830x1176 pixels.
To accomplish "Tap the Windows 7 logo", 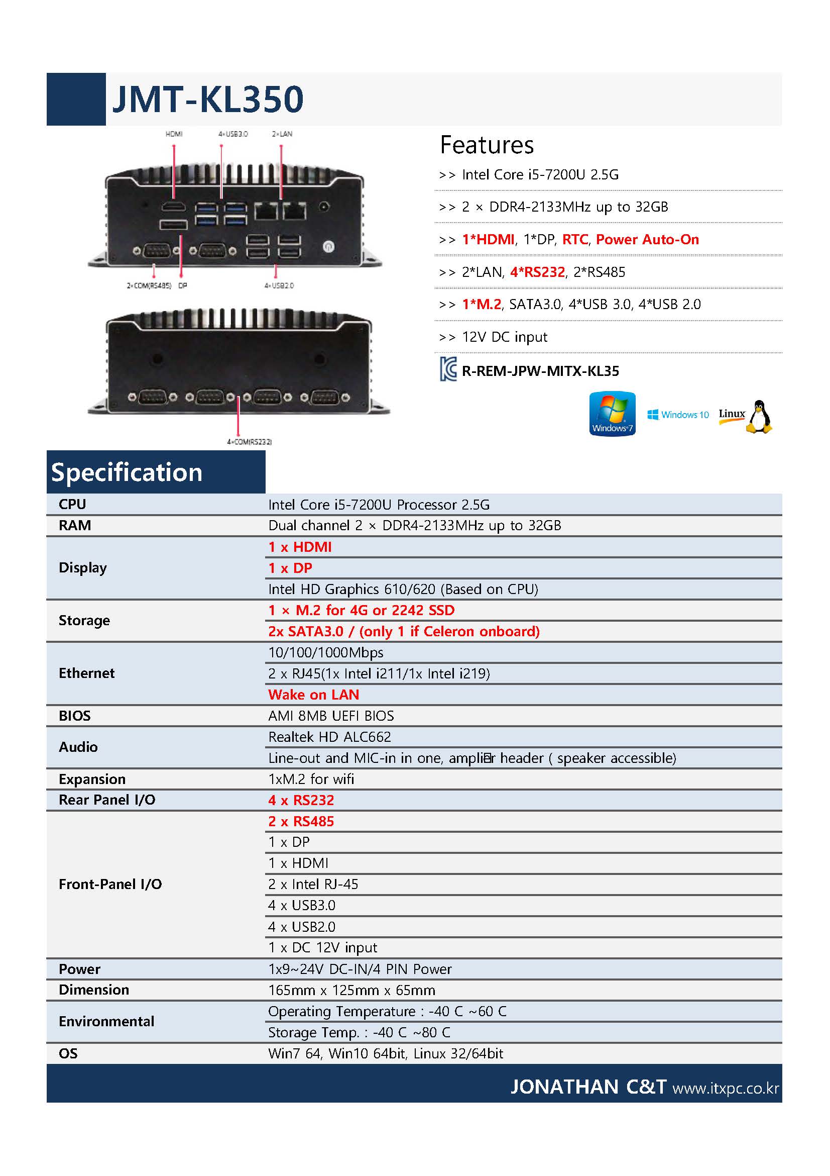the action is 612,414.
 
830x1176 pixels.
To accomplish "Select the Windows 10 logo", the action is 677,415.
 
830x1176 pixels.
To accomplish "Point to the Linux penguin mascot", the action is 759,417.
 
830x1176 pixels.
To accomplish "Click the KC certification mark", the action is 448,369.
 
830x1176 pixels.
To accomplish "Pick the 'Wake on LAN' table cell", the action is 313,695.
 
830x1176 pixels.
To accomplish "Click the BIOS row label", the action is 75,716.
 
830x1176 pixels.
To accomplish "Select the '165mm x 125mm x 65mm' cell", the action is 351,990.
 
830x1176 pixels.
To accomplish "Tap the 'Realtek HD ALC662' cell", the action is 329,737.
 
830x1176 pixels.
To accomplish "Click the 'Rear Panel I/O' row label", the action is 107,800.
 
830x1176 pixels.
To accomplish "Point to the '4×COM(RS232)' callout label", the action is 249,442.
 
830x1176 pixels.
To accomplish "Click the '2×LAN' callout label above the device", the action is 282,134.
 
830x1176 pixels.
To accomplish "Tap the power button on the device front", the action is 328,246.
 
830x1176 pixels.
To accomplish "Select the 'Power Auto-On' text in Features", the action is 647,239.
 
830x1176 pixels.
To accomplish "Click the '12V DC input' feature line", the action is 504,337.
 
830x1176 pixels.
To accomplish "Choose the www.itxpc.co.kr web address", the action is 726,1088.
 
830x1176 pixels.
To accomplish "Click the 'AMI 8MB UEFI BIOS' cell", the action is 330,716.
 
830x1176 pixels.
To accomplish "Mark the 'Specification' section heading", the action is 127,472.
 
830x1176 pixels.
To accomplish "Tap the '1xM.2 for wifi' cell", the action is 311,778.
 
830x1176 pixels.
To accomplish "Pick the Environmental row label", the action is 106,1021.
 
